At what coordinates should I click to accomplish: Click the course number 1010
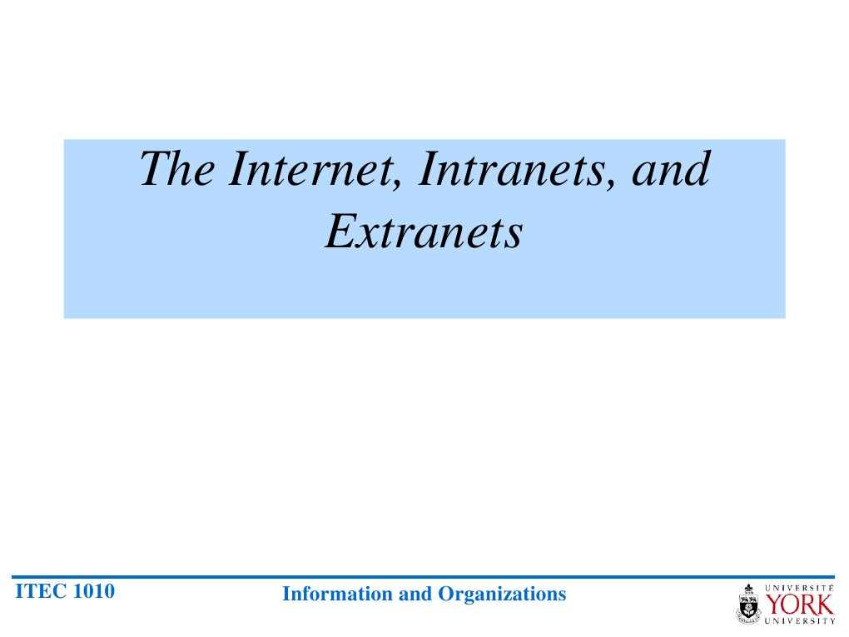click(x=94, y=592)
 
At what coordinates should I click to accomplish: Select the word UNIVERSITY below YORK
click(x=800, y=620)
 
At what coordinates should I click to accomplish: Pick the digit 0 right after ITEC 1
click(x=87, y=592)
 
